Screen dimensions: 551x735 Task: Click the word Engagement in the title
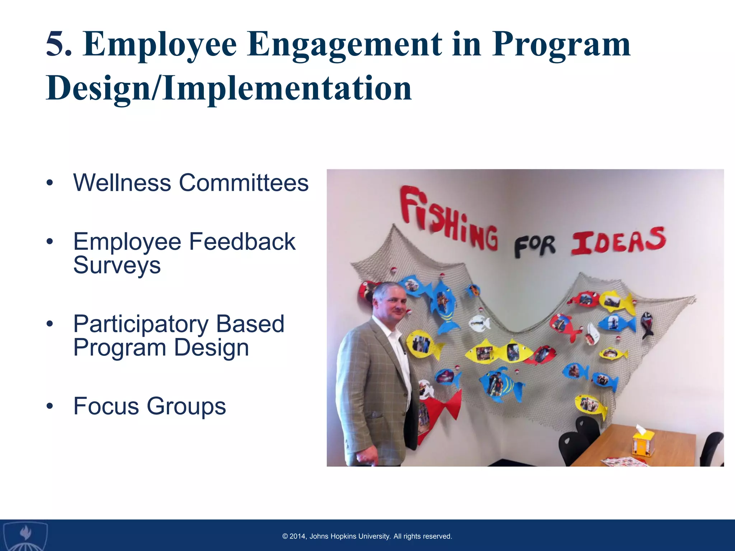point(345,45)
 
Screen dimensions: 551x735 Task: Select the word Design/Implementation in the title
point(229,88)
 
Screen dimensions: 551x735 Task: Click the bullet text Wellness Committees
point(191,183)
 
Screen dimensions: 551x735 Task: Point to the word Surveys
point(117,265)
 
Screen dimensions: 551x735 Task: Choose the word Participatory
point(141,324)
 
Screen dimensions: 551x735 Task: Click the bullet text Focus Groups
point(149,406)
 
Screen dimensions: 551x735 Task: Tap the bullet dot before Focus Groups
point(50,406)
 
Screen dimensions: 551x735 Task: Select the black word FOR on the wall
point(534,246)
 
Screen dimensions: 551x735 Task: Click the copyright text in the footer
point(367,536)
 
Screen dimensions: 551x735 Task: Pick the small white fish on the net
point(479,323)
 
